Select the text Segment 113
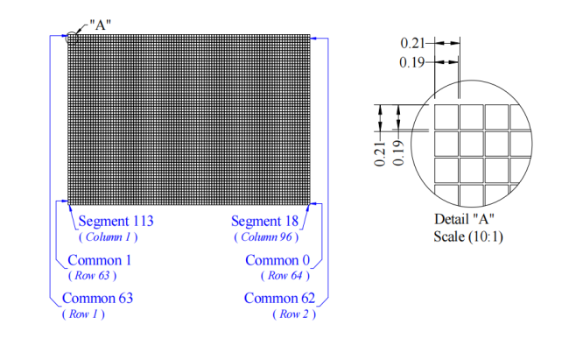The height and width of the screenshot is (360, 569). (x=116, y=222)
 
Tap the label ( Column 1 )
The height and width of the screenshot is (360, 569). (x=108, y=236)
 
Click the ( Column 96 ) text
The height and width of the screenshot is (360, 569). (x=265, y=236)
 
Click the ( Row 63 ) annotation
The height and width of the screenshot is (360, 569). (x=91, y=275)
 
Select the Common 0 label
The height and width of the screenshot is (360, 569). (x=277, y=260)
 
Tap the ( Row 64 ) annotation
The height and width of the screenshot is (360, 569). (x=286, y=275)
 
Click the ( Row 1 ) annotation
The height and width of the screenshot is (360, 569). (x=83, y=314)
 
